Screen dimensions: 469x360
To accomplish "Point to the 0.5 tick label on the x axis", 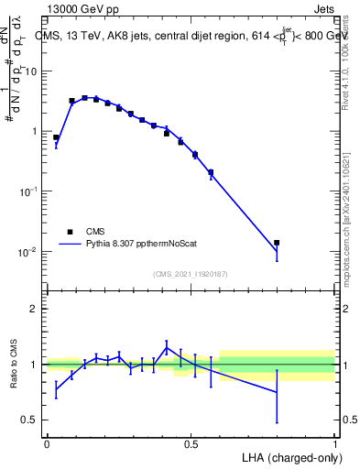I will point(191,443).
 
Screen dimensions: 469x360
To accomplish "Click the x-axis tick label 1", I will point(334,443).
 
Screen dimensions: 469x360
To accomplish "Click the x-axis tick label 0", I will point(47,443).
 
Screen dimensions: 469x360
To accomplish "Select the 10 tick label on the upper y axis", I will point(32,71).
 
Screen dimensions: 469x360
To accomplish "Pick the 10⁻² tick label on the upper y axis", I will point(29,251).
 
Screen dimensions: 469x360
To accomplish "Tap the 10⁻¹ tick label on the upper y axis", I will point(29,191).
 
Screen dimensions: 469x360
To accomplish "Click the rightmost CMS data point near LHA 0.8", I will point(277,243).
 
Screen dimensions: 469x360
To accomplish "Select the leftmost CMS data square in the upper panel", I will point(56,137).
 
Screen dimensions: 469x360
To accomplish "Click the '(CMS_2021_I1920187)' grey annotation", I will point(191,274).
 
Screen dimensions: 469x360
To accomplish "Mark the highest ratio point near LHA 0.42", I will point(167,347).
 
